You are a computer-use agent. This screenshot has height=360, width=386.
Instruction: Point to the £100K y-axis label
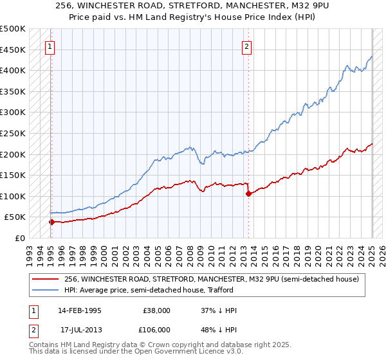[x=13, y=196]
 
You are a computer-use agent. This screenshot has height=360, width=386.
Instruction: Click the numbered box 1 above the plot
[x=50, y=46]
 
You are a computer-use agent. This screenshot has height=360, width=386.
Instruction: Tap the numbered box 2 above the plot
[x=247, y=46]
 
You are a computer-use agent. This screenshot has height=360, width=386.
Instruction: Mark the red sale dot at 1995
[x=52, y=222]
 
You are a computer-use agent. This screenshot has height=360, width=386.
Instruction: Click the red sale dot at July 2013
[x=248, y=194]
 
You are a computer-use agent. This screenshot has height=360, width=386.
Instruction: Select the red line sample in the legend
[x=46, y=279]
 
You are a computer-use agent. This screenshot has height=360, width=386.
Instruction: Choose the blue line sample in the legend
[x=46, y=290]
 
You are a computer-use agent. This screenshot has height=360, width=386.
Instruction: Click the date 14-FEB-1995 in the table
[x=80, y=310]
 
